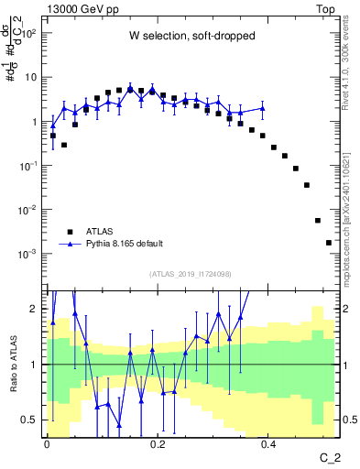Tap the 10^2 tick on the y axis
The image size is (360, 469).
[x=29, y=33]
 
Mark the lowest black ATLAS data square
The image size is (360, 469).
[x=329, y=243]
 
